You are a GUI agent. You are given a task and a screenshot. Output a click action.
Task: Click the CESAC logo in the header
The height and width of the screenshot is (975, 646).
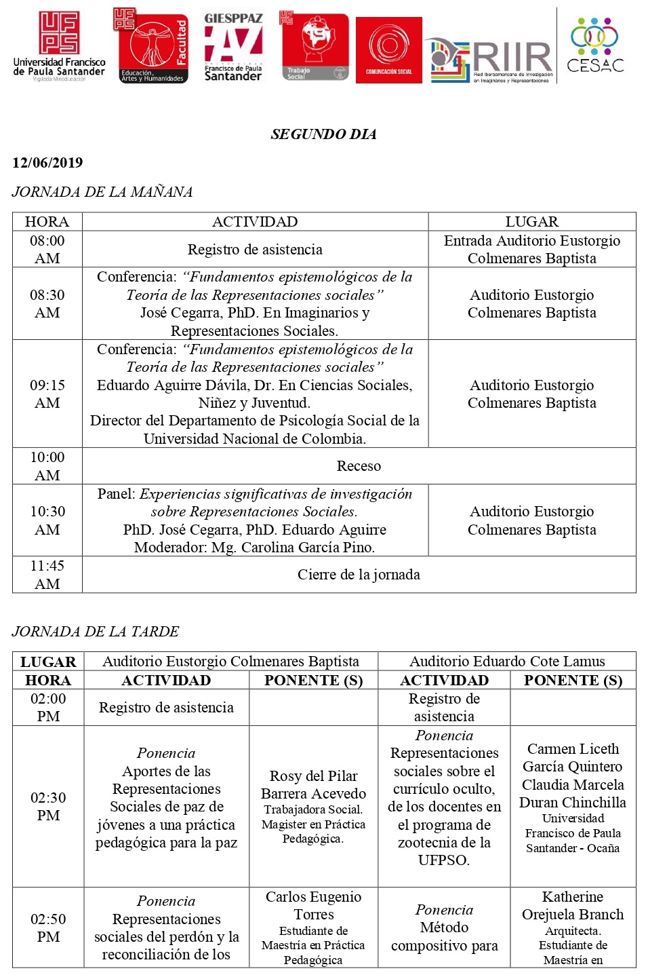coord(594,45)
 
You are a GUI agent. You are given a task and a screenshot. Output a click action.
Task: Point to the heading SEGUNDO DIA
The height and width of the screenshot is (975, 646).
coord(323,134)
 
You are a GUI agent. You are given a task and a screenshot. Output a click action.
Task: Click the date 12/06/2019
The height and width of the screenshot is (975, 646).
coord(47,163)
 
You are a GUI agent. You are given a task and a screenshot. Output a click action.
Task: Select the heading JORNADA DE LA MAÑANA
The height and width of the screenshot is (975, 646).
coord(102,192)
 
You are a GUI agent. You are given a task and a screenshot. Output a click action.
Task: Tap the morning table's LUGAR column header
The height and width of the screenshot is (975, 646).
coord(531,222)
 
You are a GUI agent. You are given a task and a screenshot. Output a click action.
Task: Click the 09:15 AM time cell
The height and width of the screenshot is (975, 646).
coord(47,394)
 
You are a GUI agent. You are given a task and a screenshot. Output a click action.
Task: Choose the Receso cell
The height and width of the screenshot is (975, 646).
coord(359,466)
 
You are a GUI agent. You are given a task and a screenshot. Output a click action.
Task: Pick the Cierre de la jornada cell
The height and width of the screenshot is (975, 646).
coord(359,575)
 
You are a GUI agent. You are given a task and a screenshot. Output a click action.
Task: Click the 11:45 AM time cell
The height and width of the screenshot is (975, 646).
coord(47,575)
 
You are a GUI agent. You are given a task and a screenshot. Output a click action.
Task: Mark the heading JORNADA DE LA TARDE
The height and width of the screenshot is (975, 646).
coord(96,632)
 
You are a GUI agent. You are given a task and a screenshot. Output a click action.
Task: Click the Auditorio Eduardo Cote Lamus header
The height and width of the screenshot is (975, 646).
coord(507,662)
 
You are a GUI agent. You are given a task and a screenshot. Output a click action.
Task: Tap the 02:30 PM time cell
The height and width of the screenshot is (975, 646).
coord(48,806)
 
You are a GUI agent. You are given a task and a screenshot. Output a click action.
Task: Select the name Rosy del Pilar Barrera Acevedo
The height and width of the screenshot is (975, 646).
coord(313,785)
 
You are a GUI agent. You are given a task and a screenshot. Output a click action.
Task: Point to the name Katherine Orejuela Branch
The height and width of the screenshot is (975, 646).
coord(573,906)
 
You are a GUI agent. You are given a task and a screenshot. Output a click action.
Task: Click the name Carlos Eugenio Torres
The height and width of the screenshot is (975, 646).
coord(313,906)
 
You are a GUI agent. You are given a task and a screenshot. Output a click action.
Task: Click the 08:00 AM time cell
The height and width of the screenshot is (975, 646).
coord(47,250)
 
